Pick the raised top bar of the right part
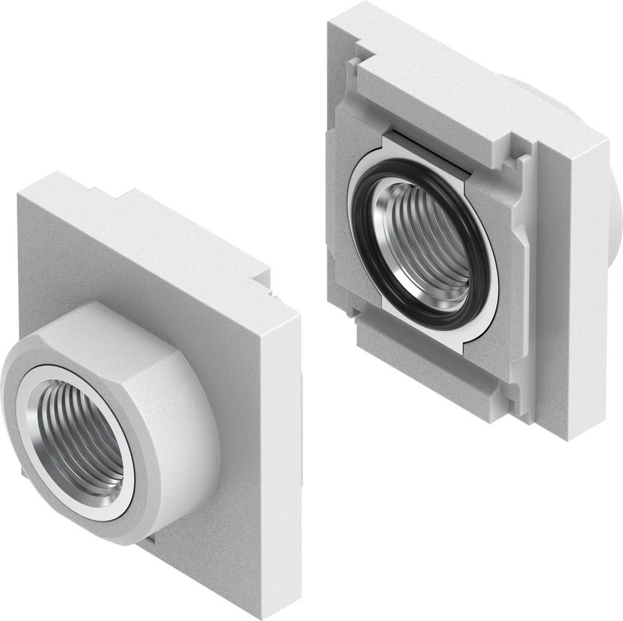[436, 100]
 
